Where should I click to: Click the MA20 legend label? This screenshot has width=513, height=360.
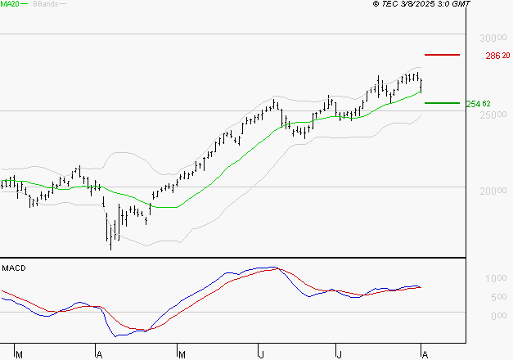click(x=9, y=4)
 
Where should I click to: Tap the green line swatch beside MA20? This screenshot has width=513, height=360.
click(x=25, y=5)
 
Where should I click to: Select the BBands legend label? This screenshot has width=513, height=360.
click(x=46, y=4)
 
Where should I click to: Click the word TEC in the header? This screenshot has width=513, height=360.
click(x=391, y=4)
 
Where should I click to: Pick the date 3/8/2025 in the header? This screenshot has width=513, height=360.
click(x=420, y=4)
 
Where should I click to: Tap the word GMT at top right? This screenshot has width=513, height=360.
click(x=461, y=4)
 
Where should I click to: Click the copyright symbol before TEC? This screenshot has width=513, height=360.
click(x=376, y=4)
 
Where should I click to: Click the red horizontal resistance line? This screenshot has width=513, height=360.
click(x=442, y=55)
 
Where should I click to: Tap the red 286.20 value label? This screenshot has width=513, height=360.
click(x=497, y=56)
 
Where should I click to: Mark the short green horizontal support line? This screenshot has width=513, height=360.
click(x=442, y=103)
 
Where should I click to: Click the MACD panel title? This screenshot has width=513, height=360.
click(x=14, y=268)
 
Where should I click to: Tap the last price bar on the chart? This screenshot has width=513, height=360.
click(x=421, y=83)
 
